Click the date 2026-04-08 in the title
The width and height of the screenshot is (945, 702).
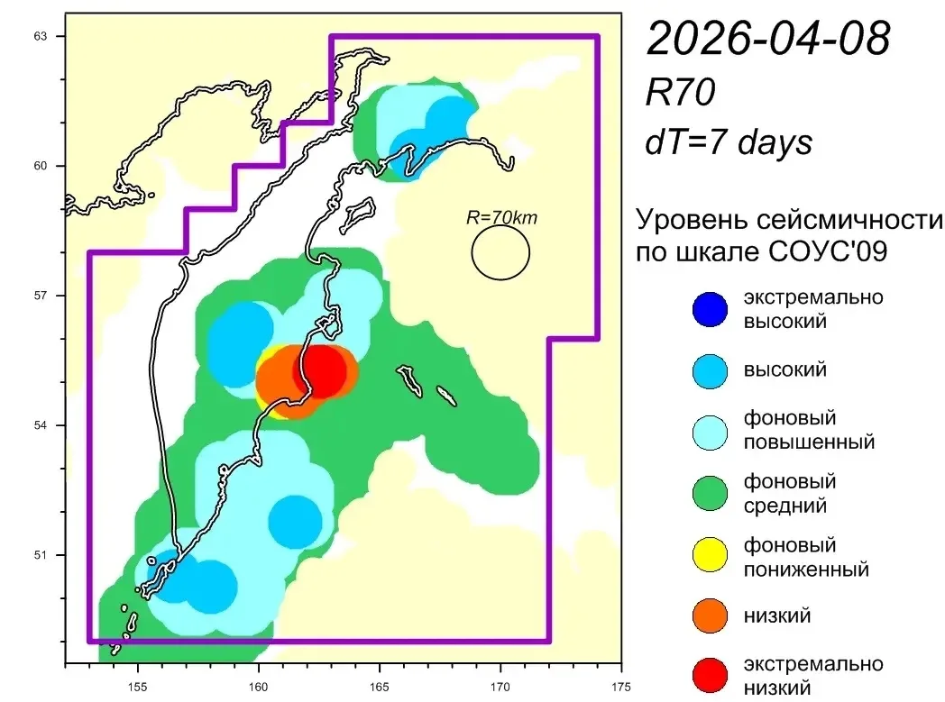pyautogui.click(x=768, y=37)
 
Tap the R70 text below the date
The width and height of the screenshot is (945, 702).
pyautogui.click(x=681, y=92)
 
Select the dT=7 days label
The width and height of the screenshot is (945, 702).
pyautogui.click(x=729, y=143)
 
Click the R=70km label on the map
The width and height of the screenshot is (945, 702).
pyautogui.click(x=501, y=217)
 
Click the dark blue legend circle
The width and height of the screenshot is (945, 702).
pyautogui.click(x=710, y=309)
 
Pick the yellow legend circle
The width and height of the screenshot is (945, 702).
pyautogui.click(x=710, y=554)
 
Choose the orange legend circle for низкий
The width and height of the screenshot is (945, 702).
pyautogui.click(x=710, y=615)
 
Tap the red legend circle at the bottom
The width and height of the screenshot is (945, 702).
pyautogui.click(x=710, y=675)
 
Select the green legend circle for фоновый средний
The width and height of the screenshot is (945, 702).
pyautogui.click(x=710, y=493)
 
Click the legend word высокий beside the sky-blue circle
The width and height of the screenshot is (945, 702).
pyautogui.click(x=784, y=369)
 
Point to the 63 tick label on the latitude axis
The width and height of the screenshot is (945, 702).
pyautogui.click(x=40, y=36)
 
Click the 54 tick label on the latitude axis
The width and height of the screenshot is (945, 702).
pyautogui.click(x=40, y=425)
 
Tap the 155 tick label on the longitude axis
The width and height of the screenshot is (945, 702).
pyautogui.click(x=137, y=687)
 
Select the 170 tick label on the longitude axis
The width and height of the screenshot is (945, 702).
pyautogui.click(x=500, y=687)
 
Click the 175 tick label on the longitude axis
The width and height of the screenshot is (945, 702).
pyautogui.click(x=620, y=687)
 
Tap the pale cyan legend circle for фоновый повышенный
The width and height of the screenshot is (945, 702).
pyautogui.click(x=710, y=433)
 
